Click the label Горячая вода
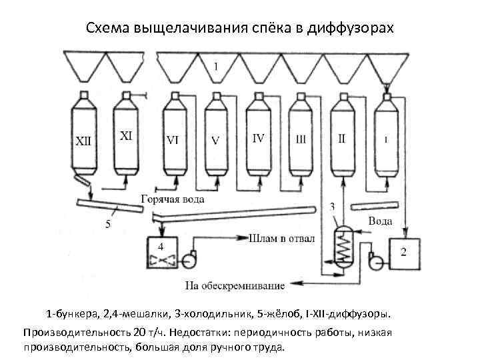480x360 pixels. point(172,199)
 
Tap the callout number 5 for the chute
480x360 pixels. point(108,224)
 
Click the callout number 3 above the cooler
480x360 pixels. point(332,207)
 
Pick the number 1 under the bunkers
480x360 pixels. point(215,65)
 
